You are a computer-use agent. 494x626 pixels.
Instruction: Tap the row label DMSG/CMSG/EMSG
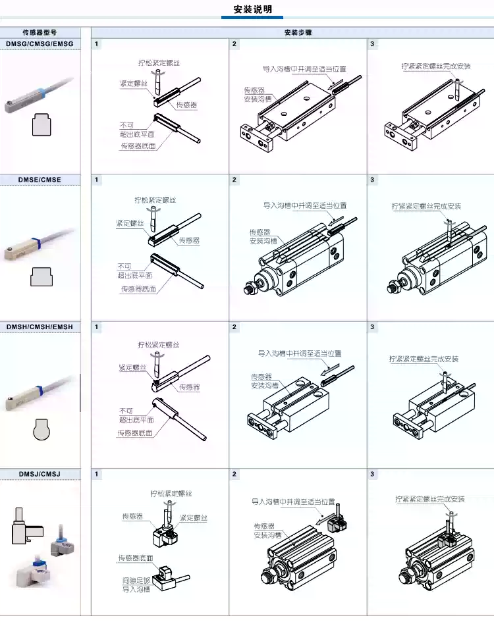tap(40, 44)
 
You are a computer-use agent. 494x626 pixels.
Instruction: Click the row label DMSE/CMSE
tap(40, 180)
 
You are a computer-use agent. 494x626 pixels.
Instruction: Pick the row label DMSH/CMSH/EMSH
tap(40, 327)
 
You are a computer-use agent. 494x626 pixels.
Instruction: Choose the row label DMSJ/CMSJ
tap(40, 474)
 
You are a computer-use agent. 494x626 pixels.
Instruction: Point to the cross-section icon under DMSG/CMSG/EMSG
tap(41, 124)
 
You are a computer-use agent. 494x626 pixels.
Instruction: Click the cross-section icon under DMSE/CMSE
tap(41, 276)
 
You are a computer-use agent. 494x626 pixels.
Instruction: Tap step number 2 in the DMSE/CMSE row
tap(234, 180)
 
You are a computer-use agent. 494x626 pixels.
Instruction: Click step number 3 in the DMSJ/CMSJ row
tap(373, 474)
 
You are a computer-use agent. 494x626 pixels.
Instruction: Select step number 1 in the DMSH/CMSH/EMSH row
tap(97, 327)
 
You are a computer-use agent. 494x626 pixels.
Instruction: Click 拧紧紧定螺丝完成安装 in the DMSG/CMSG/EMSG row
tap(435, 66)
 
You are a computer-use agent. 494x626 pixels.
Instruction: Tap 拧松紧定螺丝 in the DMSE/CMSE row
tap(155, 199)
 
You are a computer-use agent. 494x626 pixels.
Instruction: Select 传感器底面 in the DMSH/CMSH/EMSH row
tap(135, 433)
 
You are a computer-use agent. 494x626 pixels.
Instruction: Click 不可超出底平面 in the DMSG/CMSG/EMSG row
tap(137, 130)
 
